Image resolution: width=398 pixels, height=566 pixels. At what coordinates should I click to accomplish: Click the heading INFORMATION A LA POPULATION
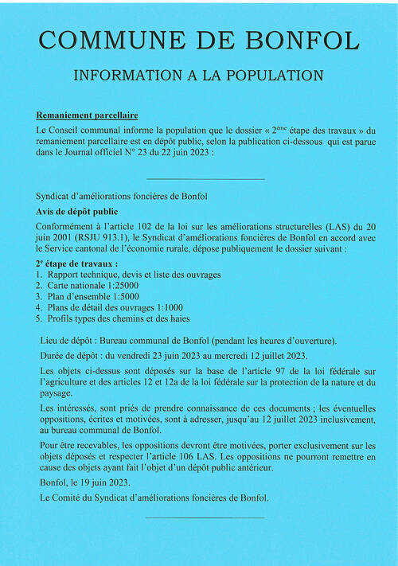(x=198, y=76)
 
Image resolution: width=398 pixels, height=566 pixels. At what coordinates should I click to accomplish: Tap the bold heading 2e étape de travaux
(x=76, y=263)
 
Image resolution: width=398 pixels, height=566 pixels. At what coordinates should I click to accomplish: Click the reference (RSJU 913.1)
(x=96, y=235)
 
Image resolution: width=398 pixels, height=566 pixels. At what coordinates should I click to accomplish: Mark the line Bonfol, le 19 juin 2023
(x=83, y=482)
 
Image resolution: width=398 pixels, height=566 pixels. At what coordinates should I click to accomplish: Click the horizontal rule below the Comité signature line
(x=205, y=518)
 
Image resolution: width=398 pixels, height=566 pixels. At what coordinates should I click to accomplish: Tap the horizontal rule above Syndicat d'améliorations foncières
(x=205, y=178)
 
